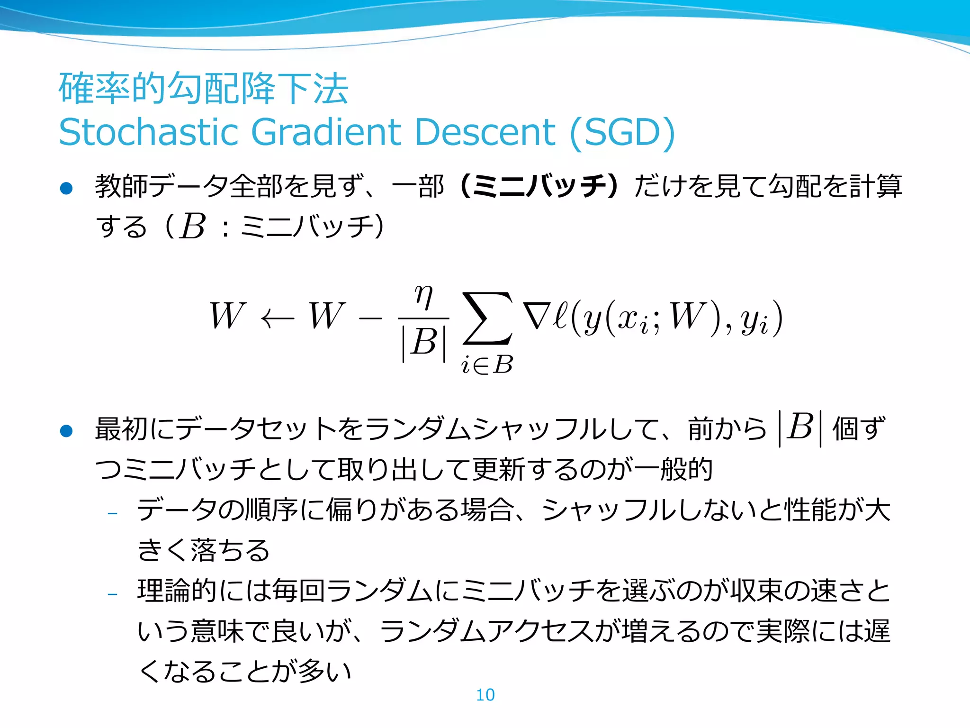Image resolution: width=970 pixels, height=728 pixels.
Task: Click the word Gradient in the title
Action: [x=327, y=132]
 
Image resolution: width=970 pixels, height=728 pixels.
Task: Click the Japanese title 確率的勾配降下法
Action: [x=204, y=89]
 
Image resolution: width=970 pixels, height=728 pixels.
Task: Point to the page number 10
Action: [x=485, y=695]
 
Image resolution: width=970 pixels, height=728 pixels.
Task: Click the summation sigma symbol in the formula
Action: [x=487, y=318]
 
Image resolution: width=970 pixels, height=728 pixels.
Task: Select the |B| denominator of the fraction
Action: [x=424, y=342]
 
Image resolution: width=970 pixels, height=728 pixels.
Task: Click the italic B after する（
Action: [x=192, y=227]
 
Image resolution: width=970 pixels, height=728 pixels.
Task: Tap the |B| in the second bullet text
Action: [x=800, y=428]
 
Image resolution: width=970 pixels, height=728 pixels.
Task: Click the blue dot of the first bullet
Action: [x=66, y=189]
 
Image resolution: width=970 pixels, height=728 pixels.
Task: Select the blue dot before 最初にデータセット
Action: [x=66, y=431]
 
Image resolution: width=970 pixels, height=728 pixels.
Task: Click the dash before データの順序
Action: [x=112, y=513]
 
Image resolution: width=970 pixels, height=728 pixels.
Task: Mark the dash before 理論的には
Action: [x=112, y=594]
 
